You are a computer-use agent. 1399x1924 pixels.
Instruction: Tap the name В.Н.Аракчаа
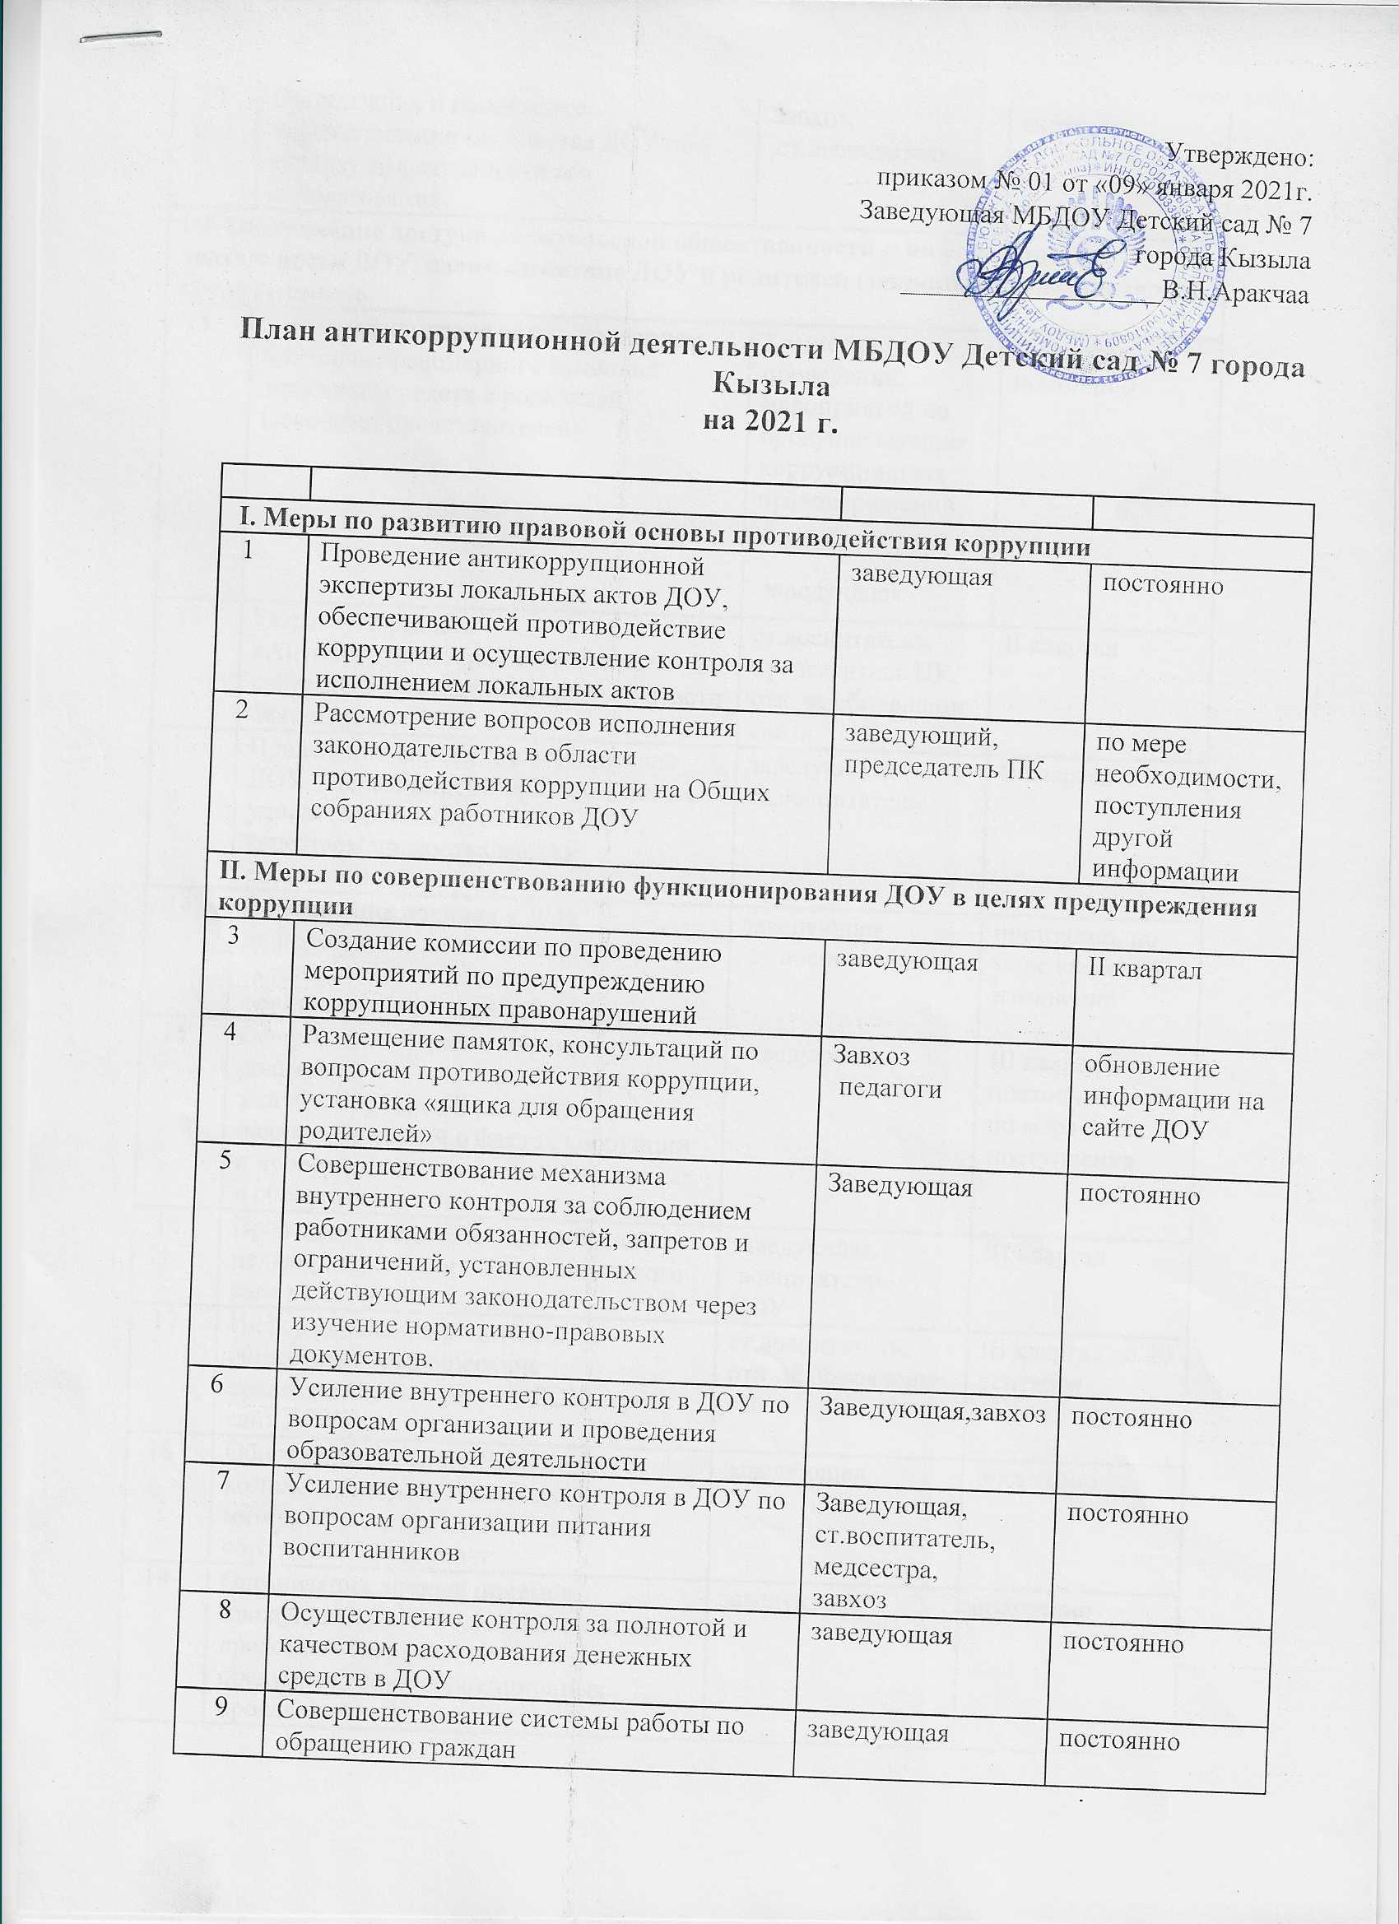coord(1234,294)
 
